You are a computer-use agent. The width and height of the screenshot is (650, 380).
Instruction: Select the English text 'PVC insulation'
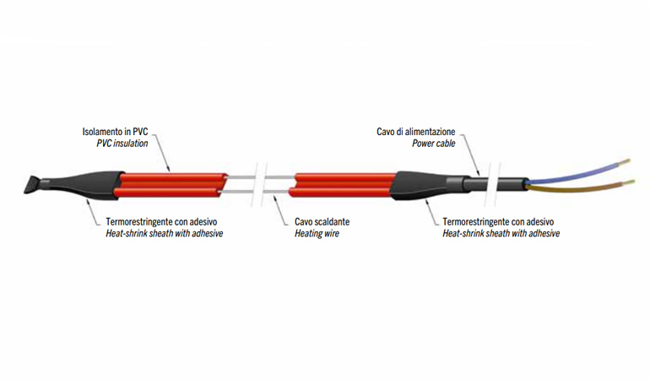124,144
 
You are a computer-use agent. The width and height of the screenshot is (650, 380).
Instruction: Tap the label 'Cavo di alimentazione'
416,132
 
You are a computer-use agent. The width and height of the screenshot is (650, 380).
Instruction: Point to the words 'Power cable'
433,144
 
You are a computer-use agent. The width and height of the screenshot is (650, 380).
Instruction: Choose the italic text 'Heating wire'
317,233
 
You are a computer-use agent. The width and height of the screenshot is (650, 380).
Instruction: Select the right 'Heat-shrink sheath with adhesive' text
501,233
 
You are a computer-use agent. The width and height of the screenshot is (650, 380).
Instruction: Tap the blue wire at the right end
574,171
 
